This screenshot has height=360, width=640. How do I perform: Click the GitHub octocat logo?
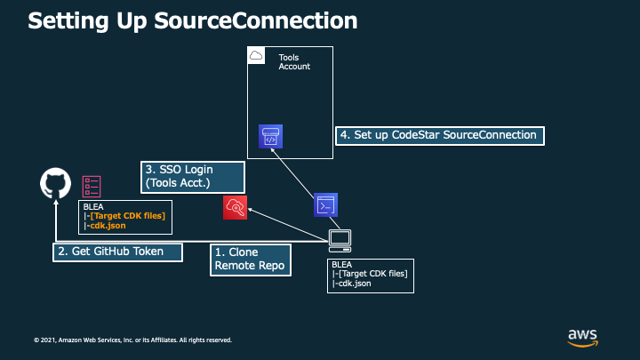tap(55, 183)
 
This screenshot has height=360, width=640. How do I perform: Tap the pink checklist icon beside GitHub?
tap(92, 187)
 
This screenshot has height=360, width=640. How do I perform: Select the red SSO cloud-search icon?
tap(235, 207)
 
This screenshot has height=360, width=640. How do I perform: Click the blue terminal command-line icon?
tap(325, 205)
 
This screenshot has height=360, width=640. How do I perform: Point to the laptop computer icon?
tap(340, 241)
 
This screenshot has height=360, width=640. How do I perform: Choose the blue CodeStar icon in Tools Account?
tap(270, 136)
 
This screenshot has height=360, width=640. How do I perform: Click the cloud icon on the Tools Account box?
tap(256, 55)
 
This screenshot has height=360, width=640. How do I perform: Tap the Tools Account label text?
tap(294, 62)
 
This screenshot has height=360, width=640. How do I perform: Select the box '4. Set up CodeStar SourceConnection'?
tap(440, 135)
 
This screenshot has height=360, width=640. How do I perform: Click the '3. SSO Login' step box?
tap(193, 177)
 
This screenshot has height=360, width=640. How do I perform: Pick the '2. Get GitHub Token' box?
tap(117, 252)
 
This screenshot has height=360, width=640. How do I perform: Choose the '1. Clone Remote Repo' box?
tap(251, 260)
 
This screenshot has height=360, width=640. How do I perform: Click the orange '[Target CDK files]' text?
tap(128, 216)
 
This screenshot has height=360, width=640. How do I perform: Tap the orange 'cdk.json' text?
tap(108, 226)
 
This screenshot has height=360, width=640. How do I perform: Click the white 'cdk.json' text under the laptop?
tap(355, 284)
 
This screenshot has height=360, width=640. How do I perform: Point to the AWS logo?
tap(583, 338)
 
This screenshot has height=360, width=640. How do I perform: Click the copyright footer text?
tap(132, 340)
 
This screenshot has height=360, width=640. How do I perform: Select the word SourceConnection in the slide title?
tap(256, 20)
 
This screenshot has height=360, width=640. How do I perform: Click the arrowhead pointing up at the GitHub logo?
tap(56, 202)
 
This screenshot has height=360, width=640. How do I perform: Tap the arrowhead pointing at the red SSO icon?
tap(250, 210)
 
